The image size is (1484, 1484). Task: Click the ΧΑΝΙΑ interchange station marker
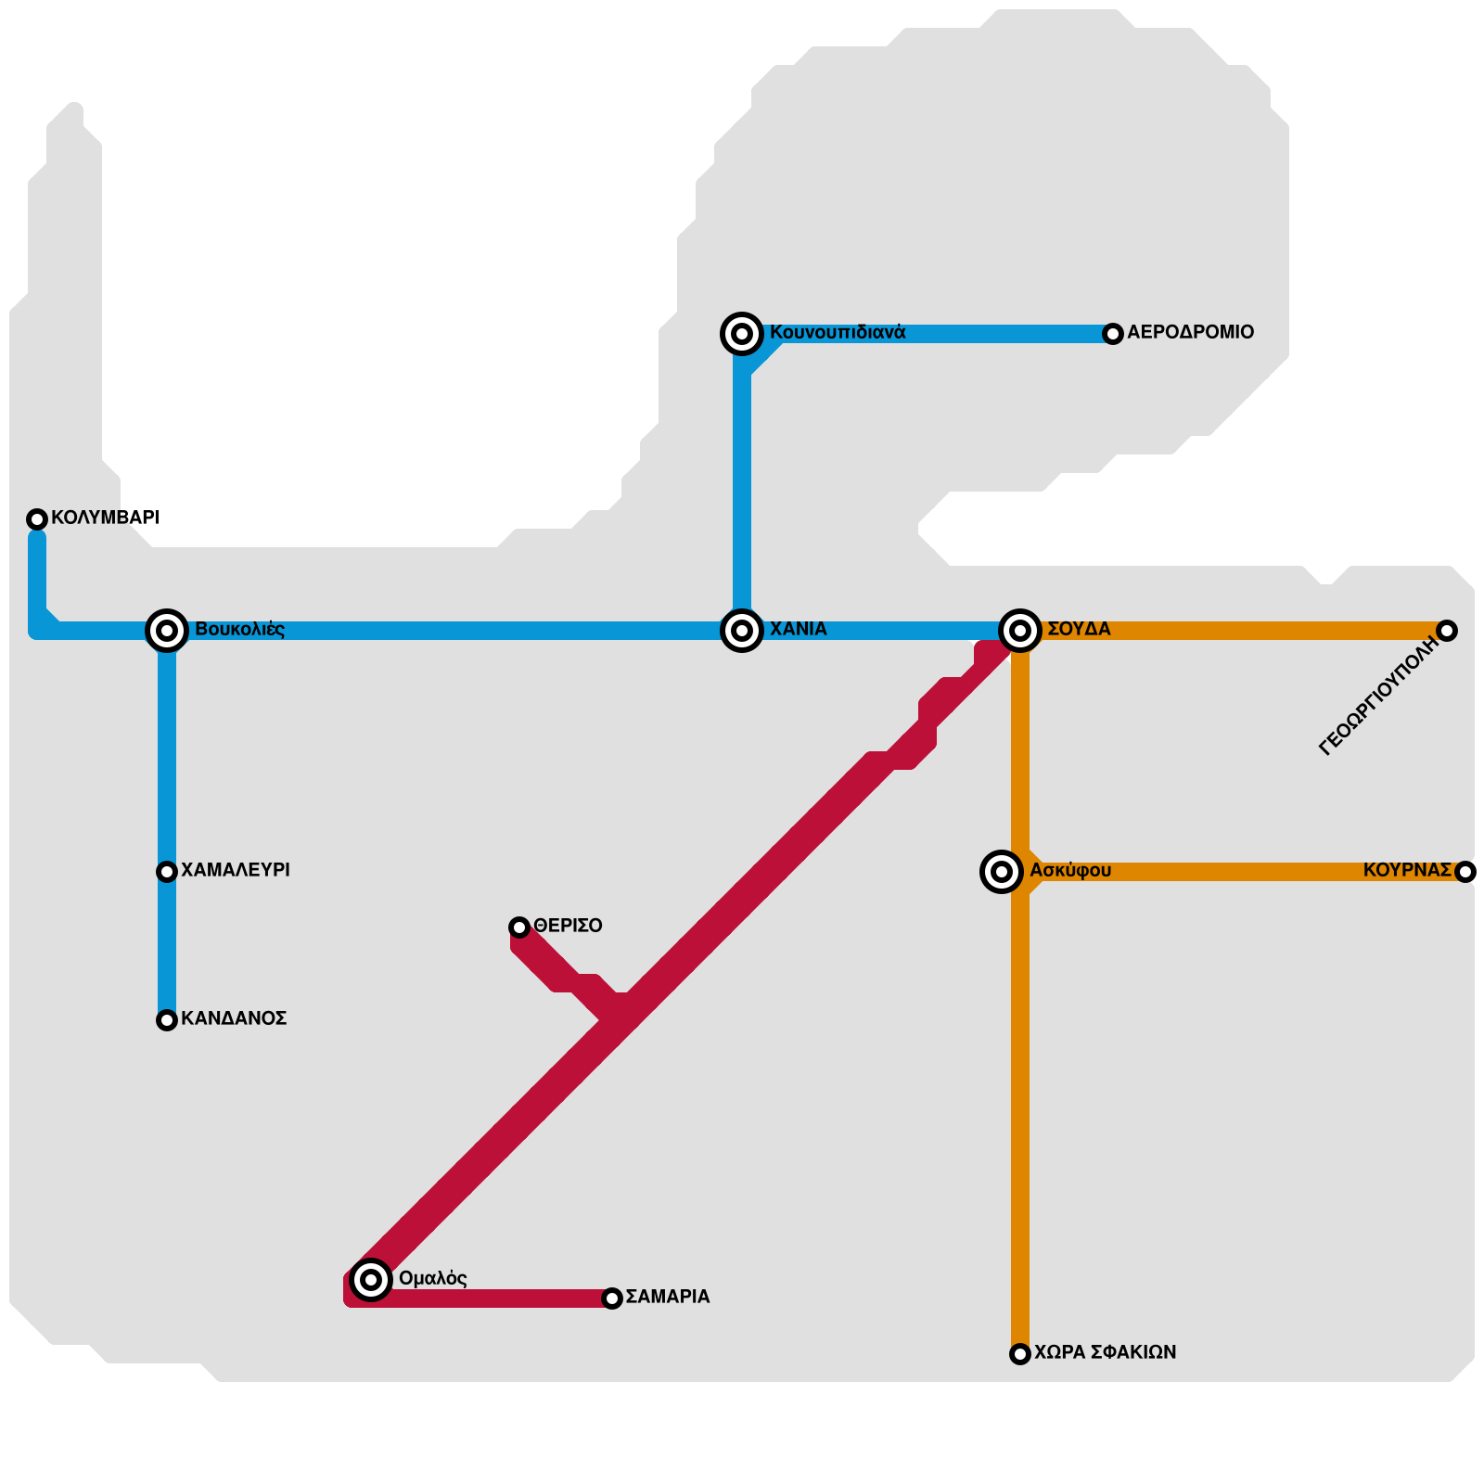click(x=742, y=631)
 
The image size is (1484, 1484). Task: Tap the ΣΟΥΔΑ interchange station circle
click(x=1020, y=631)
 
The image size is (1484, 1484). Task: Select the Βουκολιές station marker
click(x=167, y=631)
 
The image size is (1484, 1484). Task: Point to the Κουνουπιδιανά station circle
click(x=742, y=334)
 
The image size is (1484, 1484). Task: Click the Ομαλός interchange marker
click(x=371, y=1280)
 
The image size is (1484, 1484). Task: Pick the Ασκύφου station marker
click(x=1002, y=872)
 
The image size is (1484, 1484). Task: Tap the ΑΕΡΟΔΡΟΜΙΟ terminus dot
click(x=1113, y=334)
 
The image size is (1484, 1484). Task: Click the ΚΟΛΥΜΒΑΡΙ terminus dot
click(x=37, y=519)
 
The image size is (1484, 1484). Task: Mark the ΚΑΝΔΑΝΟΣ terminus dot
click(x=167, y=1020)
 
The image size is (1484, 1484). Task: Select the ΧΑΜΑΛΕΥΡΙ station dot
click(x=167, y=872)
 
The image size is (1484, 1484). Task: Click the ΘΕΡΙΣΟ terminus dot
click(x=519, y=927)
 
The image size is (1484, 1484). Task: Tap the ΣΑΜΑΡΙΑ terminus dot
click(x=612, y=1298)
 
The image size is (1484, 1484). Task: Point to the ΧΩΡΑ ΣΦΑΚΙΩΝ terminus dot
click(x=1020, y=1354)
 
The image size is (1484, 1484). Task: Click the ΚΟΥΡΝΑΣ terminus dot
click(x=1465, y=872)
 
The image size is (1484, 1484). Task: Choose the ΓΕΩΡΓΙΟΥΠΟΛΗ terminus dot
click(x=1447, y=631)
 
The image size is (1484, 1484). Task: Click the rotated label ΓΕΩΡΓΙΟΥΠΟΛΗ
click(x=1379, y=697)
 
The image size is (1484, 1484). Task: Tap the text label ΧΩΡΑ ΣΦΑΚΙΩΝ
click(x=1105, y=1352)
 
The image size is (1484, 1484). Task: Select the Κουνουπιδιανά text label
click(x=838, y=332)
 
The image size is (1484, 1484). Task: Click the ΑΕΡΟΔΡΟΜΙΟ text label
click(x=1190, y=332)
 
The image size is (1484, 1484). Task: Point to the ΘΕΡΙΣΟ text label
click(x=568, y=926)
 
